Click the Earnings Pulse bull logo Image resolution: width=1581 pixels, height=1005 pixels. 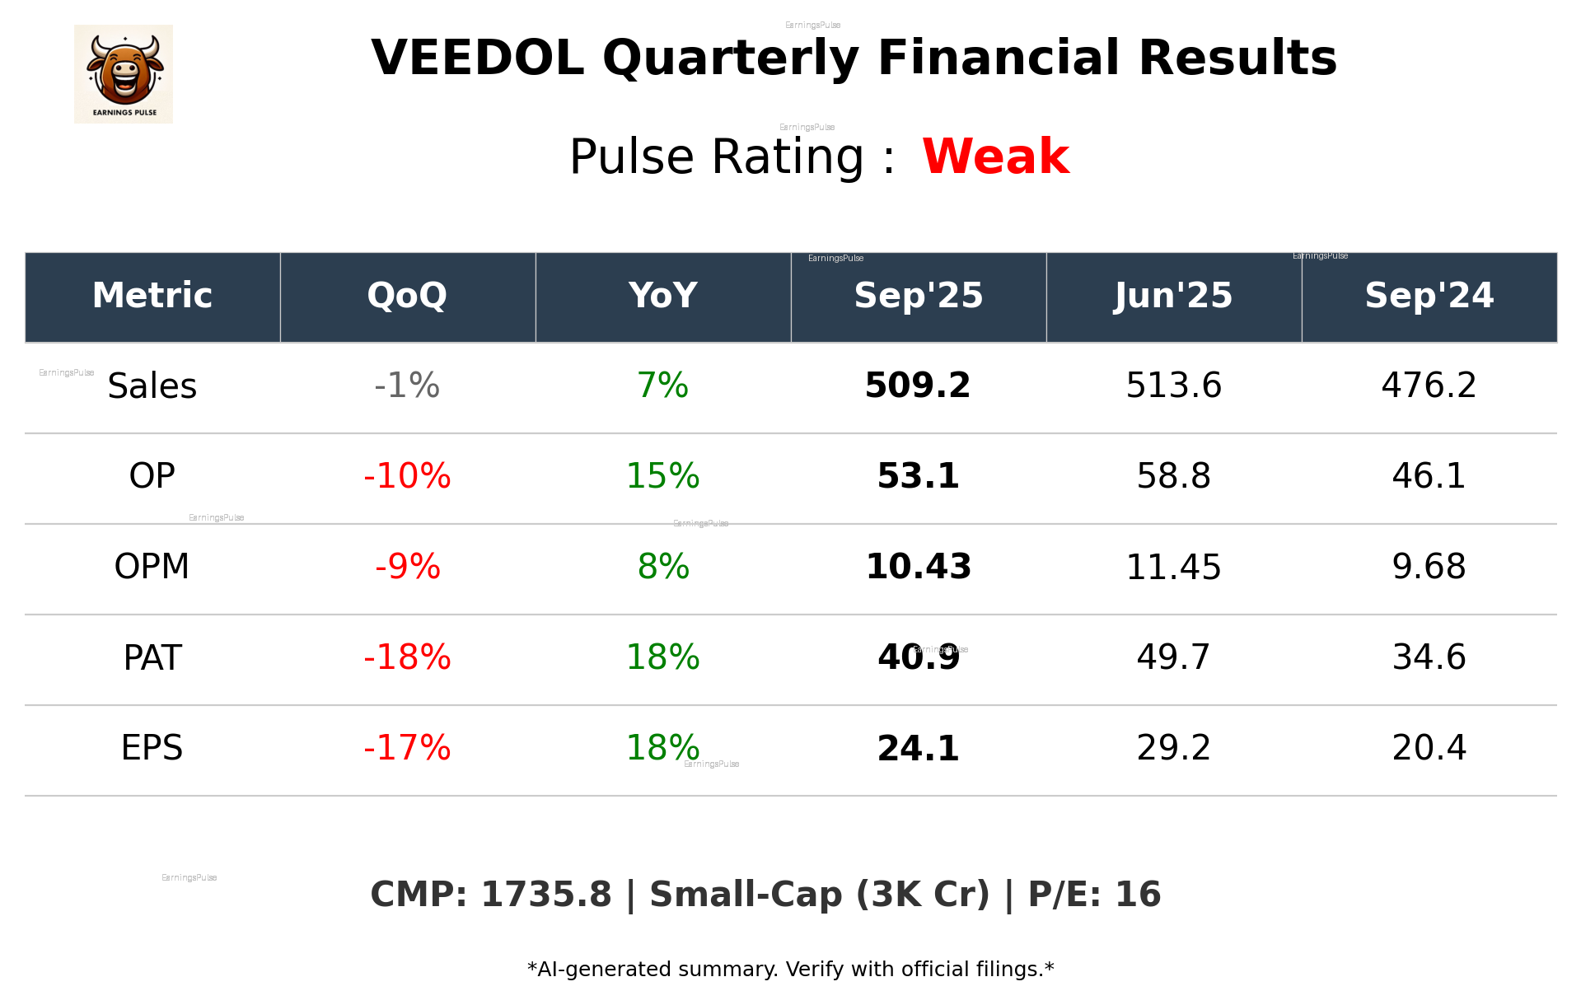coord(124,74)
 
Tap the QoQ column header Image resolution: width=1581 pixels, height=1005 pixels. coord(407,296)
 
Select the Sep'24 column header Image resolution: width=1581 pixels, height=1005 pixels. coord(1429,296)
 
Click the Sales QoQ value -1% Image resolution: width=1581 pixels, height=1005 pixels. coord(407,386)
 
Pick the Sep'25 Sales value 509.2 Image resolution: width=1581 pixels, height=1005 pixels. coord(918,386)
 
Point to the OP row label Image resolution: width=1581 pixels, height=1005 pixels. coord(152,476)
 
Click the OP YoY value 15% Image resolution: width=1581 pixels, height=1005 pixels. coord(662,476)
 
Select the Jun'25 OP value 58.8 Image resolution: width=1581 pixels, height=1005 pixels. coord(1173,476)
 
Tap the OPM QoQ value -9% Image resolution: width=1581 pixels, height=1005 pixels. coord(407,567)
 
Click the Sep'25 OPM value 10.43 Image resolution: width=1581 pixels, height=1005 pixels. coord(918,567)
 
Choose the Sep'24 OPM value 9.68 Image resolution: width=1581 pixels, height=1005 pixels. coord(1429,567)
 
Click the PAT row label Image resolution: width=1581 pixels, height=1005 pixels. coord(152,657)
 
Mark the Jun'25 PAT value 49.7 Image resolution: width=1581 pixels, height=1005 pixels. coord(1173,657)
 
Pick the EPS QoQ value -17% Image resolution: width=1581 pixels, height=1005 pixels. coord(407,748)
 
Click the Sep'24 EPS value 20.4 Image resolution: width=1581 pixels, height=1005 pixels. coord(1429,748)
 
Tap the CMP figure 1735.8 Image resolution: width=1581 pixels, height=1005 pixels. coord(546,895)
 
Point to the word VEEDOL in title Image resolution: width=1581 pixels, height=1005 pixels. coord(478,58)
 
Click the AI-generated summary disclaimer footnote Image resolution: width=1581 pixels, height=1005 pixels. coord(790,970)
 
